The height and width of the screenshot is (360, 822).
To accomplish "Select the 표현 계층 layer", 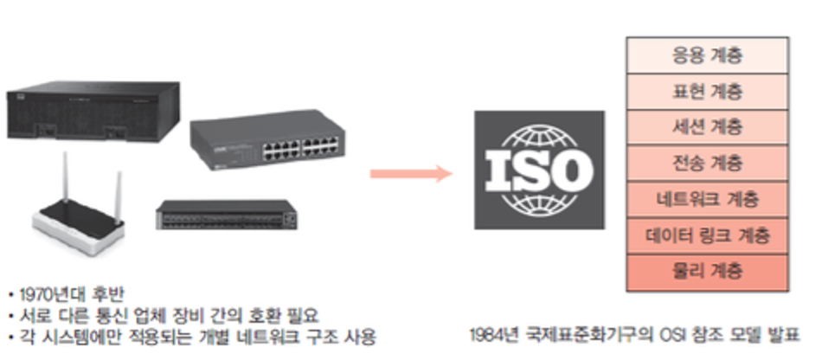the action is point(707,92).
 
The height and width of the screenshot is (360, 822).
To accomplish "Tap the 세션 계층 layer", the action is point(707,128).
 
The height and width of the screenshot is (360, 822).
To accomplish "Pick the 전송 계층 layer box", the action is point(707,164).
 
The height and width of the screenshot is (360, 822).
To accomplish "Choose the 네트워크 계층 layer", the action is point(707,200).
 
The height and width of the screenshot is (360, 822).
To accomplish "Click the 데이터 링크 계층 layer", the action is point(707,235).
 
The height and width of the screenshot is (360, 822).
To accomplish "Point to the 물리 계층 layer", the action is point(707,272).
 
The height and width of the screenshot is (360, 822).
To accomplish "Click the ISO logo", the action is point(539,169).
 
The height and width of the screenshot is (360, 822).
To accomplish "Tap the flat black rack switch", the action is point(224,216).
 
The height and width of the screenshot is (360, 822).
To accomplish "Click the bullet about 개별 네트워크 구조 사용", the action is point(195,334).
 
